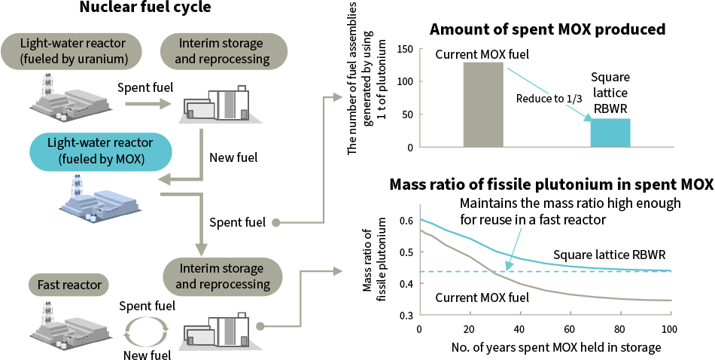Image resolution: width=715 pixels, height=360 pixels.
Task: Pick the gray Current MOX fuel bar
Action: pyautogui.click(x=482, y=105)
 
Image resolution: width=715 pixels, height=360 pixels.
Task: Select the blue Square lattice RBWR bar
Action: pyautogui.click(x=610, y=133)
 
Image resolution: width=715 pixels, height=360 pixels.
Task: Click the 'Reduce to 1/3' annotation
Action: pyautogui.click(x=549, y=99)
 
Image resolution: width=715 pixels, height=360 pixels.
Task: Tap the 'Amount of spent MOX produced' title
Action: pyautogui.click(x=547, y=30)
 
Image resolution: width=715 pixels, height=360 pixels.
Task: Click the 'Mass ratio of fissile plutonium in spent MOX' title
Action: pyautogui.click(x=550, y=185)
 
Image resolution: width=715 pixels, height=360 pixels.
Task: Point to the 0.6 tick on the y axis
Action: pyautogui.click(x=406, y=221)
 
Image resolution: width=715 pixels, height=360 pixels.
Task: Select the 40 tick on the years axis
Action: pyautogui.click(x=519, y=329)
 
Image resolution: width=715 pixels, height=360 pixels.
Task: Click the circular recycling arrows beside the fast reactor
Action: pyautogui.click(x=148, y=331)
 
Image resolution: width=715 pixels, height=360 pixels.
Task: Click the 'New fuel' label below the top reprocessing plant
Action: pyautogui.click(x=233, y=157)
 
